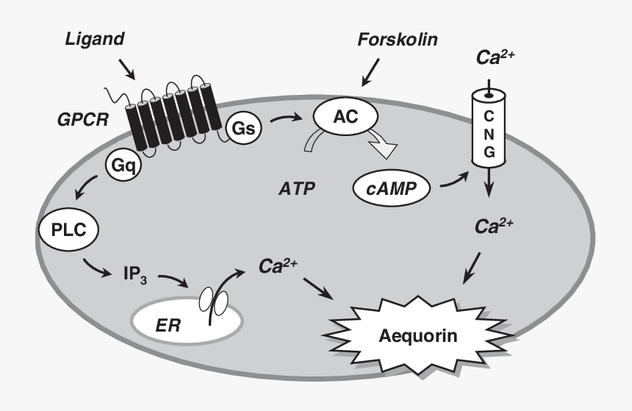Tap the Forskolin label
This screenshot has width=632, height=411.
pos(397,39)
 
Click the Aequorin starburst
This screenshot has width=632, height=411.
pos(417,336)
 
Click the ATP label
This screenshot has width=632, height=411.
pos(296,189)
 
